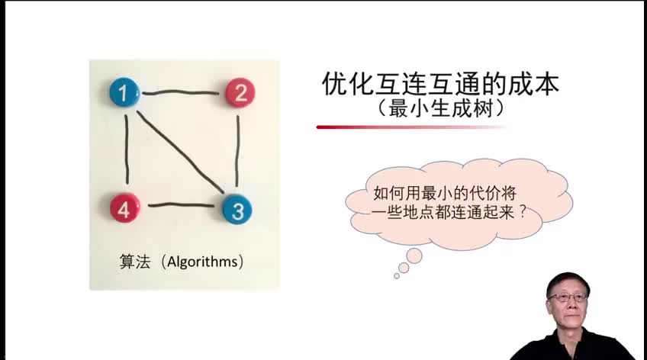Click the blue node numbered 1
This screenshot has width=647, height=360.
pos(124,93)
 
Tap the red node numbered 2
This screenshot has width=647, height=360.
pos(240,93)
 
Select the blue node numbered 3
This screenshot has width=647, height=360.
pos(237,210)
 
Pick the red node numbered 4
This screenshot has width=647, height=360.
pos(124,208)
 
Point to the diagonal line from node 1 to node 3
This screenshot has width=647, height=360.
pos(179,153)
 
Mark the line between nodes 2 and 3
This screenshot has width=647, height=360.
pos(237,151)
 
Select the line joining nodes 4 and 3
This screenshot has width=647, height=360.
pos(181,204)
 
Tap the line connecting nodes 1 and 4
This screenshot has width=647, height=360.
pos(126,149)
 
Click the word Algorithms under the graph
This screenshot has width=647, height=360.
pos(202,262)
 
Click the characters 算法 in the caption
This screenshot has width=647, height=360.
pos(134,262)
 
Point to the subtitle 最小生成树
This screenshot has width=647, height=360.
pos(440,109)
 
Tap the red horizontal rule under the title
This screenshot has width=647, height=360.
pos(410,127)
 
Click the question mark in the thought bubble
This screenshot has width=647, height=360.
pos(523,212)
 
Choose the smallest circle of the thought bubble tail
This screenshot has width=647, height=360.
pos(397,276)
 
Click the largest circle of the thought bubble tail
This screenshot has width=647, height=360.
pos(414,256)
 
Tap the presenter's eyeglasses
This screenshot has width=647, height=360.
pos(568,297)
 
